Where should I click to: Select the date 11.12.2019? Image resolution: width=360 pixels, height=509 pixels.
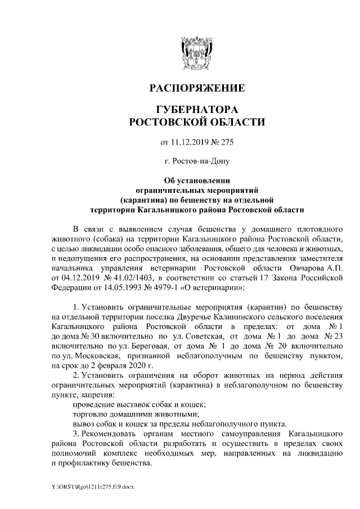point(191,141)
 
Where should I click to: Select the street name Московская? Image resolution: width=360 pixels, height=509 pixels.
point(92,356)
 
